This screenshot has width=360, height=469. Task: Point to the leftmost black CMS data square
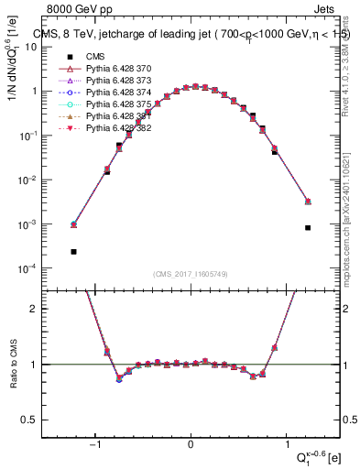coord(73,251)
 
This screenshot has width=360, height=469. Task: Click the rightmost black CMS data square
coord(308,227)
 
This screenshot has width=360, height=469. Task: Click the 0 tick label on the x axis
coord(191,445)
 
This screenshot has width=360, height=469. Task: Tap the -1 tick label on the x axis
coord(95,445)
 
